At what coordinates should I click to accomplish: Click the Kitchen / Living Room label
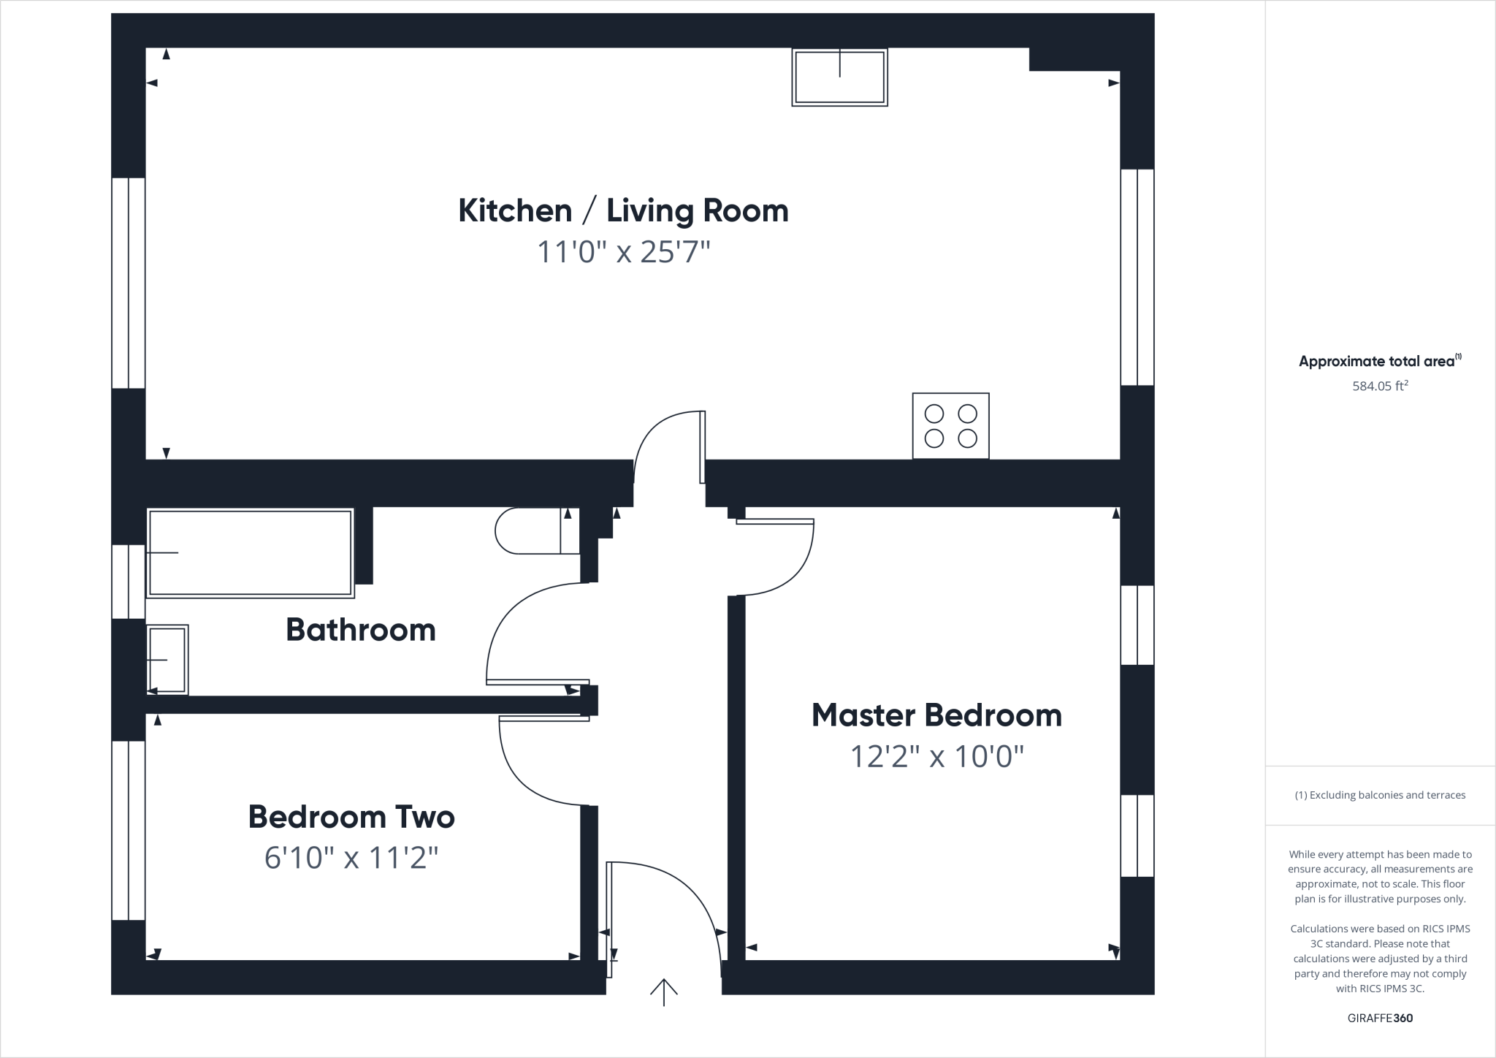(x=623, y=211)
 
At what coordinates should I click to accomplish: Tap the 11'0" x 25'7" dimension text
(x=623, y=253)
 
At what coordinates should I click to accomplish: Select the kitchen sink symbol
(x=839, y=77)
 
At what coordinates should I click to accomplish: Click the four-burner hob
(x=950, y=426)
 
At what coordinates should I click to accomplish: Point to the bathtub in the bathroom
(x=251, y=553)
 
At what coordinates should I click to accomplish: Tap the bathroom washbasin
(x=167, y=660)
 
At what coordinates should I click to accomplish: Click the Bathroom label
(x=361, y=630)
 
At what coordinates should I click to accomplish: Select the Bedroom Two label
(x=351, y=817)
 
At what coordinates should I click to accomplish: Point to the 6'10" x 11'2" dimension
(x=351, y=858)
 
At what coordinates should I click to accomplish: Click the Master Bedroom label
(x=936, y=715)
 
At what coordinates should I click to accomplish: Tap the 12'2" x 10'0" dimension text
(x=936, y=757)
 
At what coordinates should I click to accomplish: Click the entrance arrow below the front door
(x=664, y=992)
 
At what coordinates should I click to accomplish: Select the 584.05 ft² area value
(x=1380, y=386)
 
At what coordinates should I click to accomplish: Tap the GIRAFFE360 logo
(x=1380, y=1018)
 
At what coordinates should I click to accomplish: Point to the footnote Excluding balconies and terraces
(x=1380, y=795)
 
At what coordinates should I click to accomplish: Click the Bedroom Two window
(x=129, y=830)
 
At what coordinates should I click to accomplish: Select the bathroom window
(x=129, y=582)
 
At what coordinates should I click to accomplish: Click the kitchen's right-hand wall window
(x=1137, y=277)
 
